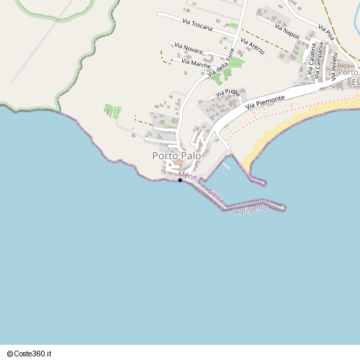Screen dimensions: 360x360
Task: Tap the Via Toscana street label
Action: (198, 24)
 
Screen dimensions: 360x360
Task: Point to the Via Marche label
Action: (197, 64)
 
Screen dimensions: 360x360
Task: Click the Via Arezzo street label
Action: (253, 48)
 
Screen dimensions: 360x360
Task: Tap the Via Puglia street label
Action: (228, 92)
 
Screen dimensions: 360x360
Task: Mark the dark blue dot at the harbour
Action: (180, 180)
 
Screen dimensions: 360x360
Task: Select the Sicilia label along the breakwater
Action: (215, 194)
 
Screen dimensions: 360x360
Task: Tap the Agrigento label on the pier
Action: (251, 209)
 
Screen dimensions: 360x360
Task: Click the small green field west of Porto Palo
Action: (112, 112)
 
